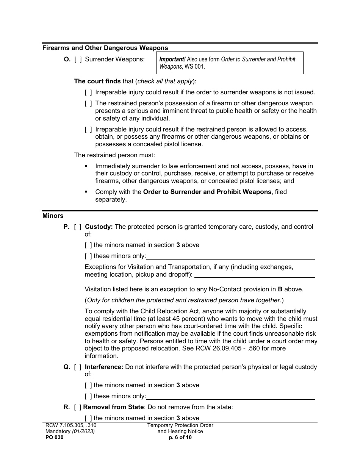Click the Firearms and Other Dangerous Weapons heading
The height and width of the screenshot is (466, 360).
105,48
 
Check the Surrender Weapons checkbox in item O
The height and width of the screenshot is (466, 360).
78,59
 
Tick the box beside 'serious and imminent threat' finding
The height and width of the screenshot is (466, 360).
88,103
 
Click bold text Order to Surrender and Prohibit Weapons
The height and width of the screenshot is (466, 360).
207,192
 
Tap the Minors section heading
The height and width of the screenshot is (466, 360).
53,216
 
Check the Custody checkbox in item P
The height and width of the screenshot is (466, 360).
78,227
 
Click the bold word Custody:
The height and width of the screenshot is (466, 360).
99,227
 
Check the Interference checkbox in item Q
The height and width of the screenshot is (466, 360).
78,367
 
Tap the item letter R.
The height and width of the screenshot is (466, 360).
66,407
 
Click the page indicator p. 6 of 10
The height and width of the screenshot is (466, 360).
180,438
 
